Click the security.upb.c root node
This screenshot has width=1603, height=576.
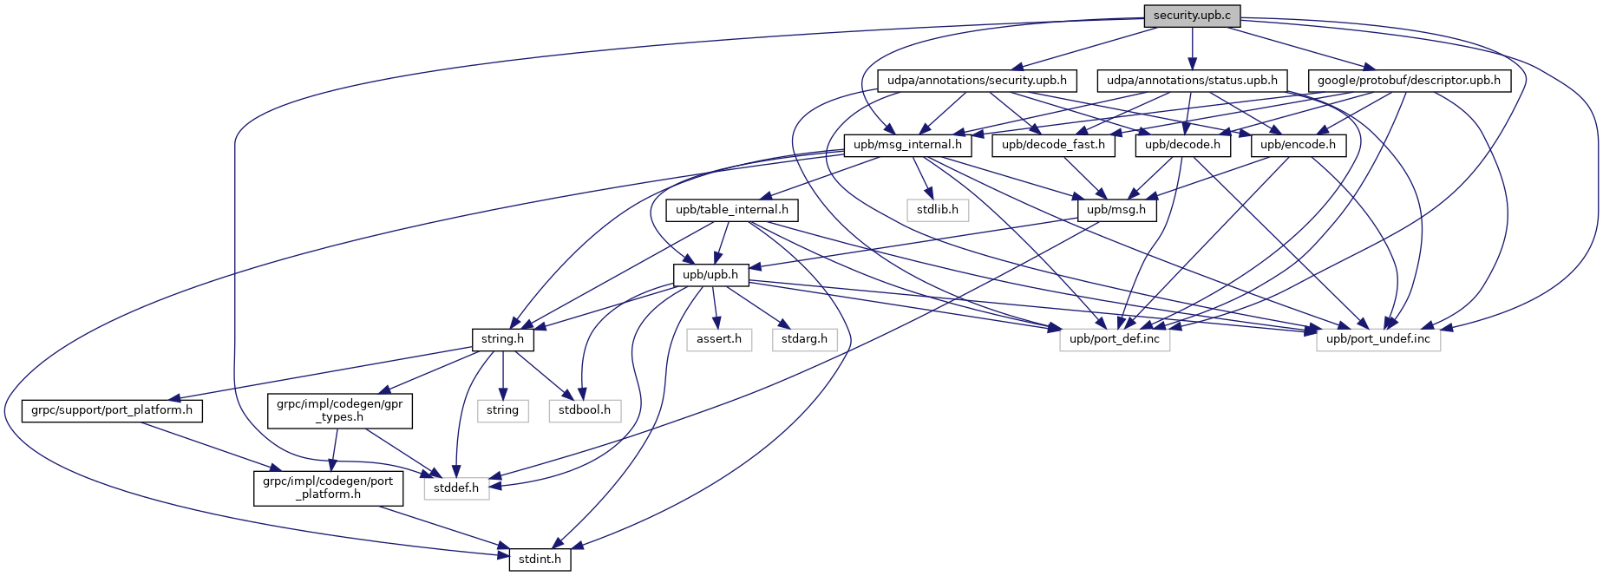click(x=1192, y=16)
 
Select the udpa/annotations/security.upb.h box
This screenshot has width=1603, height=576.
click(x=977, y=81)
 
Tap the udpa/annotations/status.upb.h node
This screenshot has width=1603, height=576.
click(x=1192, y=81)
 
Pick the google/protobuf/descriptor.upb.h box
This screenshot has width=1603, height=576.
click(x=1409, y=81)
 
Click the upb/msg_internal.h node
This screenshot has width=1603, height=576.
click(x=907, y=145)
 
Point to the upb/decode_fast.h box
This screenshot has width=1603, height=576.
click(x=1053, y=145)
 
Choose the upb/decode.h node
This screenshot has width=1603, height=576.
click(x=1182, y=145)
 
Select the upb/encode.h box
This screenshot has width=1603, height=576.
click(x=1298, y=145)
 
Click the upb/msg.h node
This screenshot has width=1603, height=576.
click(x=1116, y=210)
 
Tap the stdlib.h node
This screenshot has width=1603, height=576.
click(x=938, y=210)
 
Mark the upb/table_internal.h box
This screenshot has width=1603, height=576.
click(x=732, y=210)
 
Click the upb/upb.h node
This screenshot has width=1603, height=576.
click(x=710, y=275)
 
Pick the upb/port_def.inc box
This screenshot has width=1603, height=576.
click(x=1115, y=339)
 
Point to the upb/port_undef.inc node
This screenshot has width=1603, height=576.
click(x=1378, y=339)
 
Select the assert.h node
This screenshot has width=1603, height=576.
click(x=719, y=339)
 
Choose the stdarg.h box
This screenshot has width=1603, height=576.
click(x=804, y=339)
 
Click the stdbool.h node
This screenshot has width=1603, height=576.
click(x=585, y=410)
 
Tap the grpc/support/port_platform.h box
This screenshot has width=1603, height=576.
click(x=112, y=410)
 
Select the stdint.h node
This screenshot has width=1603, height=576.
click(x=540, y=560)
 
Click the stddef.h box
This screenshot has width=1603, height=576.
click(x=456, y=488)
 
